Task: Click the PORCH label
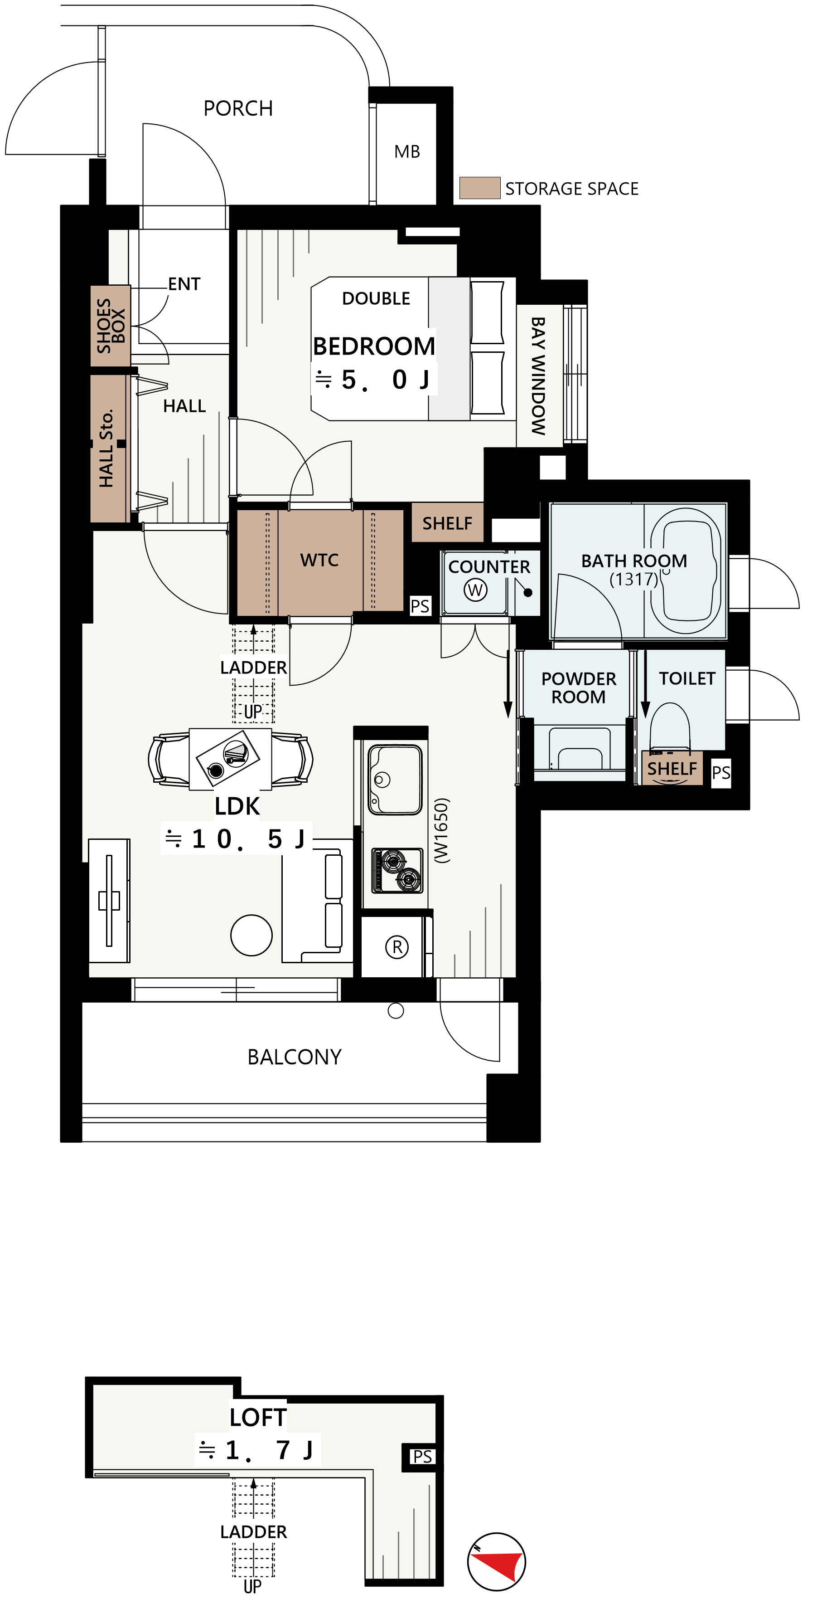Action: pyautogui.click(x=238, y=108)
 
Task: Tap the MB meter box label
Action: pyautogui.click(x=407, y=151)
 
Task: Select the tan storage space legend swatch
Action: pyautogui.click(x=480, y=188)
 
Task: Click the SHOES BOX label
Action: pyautogui.click(x=111, y=326)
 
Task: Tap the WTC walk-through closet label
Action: pyautogui.click(x=319, y=560)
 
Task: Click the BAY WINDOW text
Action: pyautogui.click(x=538, y=376)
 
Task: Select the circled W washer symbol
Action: pyautogui.click(x=475, y=590)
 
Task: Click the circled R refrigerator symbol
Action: pyautogui.click(x=397, y=947)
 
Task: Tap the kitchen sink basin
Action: pyautogui.click(x=395, y=780)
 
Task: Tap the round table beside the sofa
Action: pyautogui.click(x=251, y=935)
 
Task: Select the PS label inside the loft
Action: pyautogui.click(x=422, y=1457)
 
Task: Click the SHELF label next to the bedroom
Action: pyautogui.click(x=447, y=523)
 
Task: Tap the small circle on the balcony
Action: pyautogui.click(x=396, y=1010)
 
